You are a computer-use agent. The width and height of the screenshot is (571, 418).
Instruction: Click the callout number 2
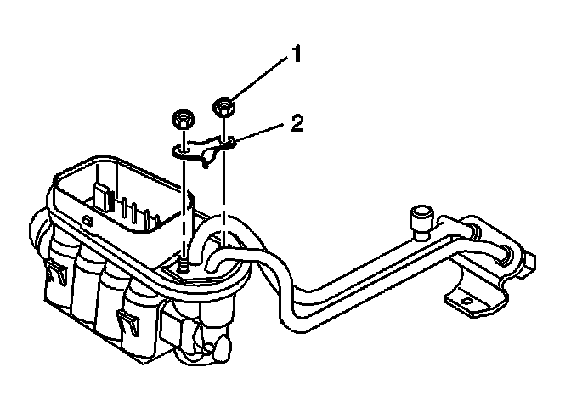(x=296, y=124)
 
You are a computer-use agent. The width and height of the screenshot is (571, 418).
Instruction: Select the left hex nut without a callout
(x=181, y=118)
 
